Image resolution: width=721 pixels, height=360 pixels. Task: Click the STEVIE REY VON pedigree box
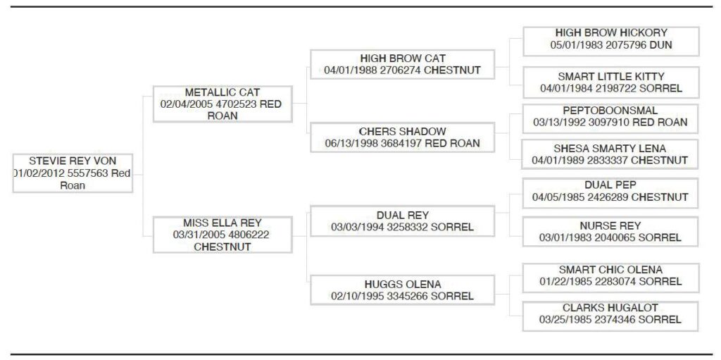[73, 173]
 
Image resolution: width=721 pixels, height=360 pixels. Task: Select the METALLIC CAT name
[222, 92]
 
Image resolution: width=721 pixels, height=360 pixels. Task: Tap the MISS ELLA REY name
[222, 223]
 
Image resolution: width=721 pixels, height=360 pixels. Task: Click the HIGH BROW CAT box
[402, 64]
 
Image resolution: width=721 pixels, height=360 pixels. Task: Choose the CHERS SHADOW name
[402, 132]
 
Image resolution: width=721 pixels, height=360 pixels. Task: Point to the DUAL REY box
[402, 221]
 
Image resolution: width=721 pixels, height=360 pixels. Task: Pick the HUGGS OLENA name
[402, 284]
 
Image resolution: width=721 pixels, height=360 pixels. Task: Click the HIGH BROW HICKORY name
[610, 33]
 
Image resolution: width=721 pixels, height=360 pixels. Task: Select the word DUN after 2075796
[661, 45]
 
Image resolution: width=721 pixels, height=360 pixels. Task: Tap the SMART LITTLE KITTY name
[610, 76]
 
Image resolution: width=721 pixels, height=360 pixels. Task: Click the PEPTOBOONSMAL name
[610, 111]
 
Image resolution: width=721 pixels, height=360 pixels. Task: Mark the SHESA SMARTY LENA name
[610, 149]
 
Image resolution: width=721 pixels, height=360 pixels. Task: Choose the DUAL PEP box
[610, 191]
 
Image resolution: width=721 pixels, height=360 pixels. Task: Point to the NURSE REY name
[610, 226]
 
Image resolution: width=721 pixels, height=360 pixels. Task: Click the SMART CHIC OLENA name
[610, 270]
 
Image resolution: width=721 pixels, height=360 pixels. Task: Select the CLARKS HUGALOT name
[610, 308]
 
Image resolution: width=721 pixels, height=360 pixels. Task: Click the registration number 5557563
[88, 173]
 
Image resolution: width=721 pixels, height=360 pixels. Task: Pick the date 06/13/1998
[349, 144]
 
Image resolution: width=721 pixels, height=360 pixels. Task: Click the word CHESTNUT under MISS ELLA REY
[222, 247]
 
